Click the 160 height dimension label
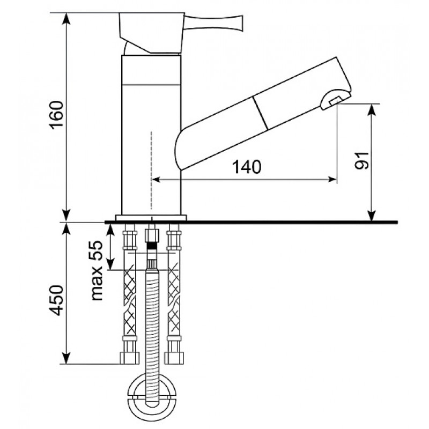click(x=57, y=114)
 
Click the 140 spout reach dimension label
click(x=247, y=167)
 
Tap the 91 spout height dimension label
click(x=361, y=161)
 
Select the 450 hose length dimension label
click(x=57, y=300)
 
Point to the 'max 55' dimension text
click(x=97, y=271)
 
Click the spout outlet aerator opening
click(x=336, y=101)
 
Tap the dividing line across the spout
click(x=261, y=113)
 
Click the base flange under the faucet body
click(x=151, y=218)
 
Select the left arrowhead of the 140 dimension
click(x=156, y=180)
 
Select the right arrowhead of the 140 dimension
click(x=332, y=180)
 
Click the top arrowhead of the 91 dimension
click(x=371, y=109)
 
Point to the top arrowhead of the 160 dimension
click(x=66, y=18)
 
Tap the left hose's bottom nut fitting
click(x=130, y=358)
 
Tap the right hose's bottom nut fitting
click(x=174, y=358)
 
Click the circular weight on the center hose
click(x=152, y=396)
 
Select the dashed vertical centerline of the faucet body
click(x=151, y=170)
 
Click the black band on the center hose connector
click(x=152, y=246)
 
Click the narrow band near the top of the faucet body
click(x=151, y=70)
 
